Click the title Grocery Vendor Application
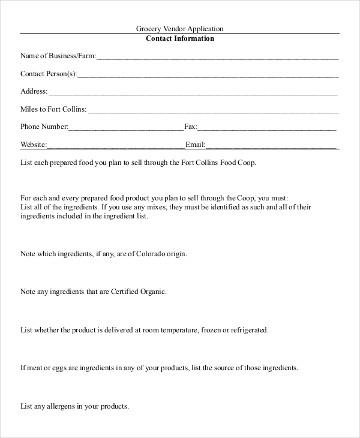pyautogui.click(x=180, y=28)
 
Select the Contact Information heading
pyautogui.click(x=180, y=38)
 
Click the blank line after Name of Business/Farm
pyautogui.click(x=217, y=58)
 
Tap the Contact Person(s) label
pyautogui.click(x=49, y=74)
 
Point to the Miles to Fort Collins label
pyautogui.click(x=53, y=109)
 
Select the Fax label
pyautogui.click(x=191, y=127)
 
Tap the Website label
pyautogui.click(x=34, y=145)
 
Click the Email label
pyautogui.click(x=196, y=145)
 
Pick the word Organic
pyautogui.click(x=150, y=292)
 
